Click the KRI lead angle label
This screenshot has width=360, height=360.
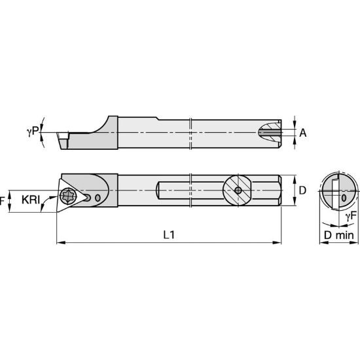[x=30, y=199]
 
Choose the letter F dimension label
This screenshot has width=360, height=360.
[x=2, y=200]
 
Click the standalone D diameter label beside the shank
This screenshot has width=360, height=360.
[x=302, y=190]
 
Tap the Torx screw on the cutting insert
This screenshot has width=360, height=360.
[x=69, y=195]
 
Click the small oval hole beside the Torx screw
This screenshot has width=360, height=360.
[x=98, y=197]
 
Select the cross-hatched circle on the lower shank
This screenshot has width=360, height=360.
[x=238, y=191]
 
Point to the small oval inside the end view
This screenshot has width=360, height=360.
[x=343, y=195]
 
